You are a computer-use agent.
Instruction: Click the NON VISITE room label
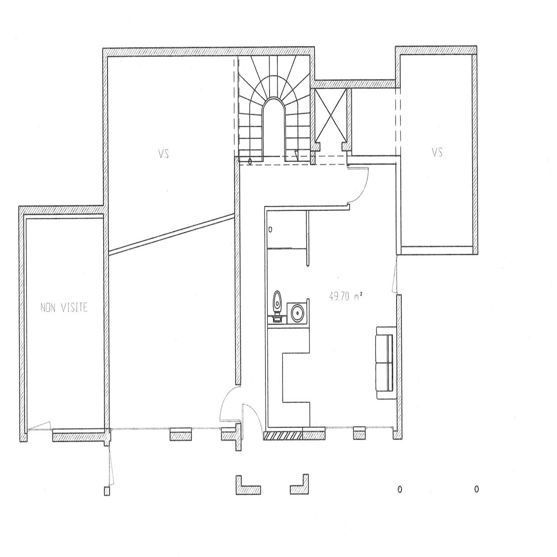point(64,308)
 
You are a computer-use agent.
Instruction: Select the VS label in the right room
point(437,152)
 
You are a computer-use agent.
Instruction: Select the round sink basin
point(298,313)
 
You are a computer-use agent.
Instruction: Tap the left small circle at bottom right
point(400,489)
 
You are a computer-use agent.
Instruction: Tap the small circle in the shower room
point(270,230)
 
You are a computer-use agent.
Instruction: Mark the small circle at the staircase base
point(250,162)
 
